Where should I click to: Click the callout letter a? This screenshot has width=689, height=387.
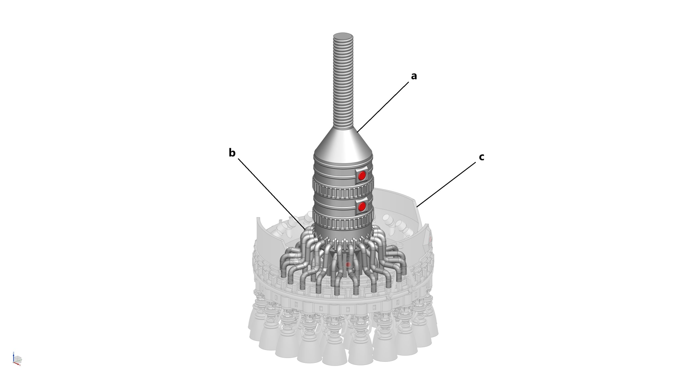tap(414, 76)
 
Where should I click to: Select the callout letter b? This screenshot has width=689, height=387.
tap(232, 153)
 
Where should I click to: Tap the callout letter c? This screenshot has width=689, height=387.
tap(481, 157)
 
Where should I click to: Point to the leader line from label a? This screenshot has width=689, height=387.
tap(383, 107)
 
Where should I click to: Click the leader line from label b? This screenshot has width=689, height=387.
tap(272, 194)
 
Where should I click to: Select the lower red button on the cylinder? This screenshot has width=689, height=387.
tap(362, 207)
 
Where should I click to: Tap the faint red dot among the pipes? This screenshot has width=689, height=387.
tap(348, 272)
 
